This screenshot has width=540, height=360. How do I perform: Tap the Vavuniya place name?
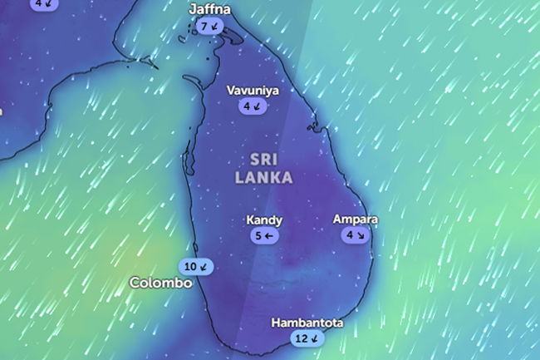point(253,91)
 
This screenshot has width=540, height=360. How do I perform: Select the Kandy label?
point(264,220)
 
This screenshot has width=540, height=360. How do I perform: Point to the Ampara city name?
point(355,219)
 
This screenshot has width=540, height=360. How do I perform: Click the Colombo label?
point(161,283)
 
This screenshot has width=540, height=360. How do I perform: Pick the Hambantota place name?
point(307,323)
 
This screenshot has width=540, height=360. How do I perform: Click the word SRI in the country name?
point(264,158)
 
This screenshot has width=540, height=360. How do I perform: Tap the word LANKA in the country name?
point(264,177)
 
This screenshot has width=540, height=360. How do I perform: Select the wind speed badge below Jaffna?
point(210,27)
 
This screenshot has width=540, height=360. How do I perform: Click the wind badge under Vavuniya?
point(253,106)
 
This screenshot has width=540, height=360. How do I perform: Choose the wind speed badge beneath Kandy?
point(265,236)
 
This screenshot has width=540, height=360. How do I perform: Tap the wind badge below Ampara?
point(355,235)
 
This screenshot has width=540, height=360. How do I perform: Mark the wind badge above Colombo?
point(196,267)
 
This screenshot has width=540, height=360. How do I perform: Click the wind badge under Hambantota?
point(307,338)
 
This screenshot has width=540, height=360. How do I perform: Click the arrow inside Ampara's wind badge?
point(361,235)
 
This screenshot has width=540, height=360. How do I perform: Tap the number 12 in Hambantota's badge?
point(301,338)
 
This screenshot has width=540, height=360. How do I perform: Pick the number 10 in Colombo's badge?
point(190,267)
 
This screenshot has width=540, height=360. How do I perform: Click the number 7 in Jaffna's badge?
point(204,27)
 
